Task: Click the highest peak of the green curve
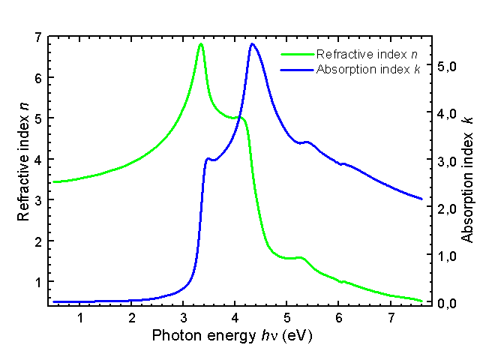200,44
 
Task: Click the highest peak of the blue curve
252,44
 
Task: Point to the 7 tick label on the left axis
37,37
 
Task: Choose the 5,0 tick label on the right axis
447,66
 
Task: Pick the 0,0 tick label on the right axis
447,304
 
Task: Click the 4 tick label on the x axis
235,318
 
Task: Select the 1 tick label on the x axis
79,318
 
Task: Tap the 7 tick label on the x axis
391,318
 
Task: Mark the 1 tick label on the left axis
37,281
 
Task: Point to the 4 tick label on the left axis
37,159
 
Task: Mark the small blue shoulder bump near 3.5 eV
208,159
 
